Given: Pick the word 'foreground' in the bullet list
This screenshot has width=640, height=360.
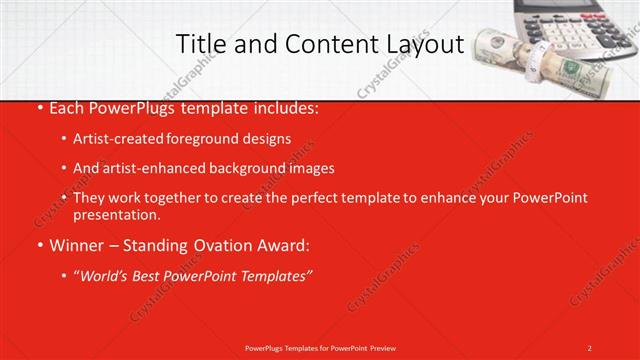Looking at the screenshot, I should click(208, 138).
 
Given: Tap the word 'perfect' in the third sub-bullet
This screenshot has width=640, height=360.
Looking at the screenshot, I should click(323, 198).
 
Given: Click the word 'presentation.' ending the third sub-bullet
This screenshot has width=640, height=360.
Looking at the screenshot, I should click(116, 215).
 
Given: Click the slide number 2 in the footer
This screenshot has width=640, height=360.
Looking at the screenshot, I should click(589, 347).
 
